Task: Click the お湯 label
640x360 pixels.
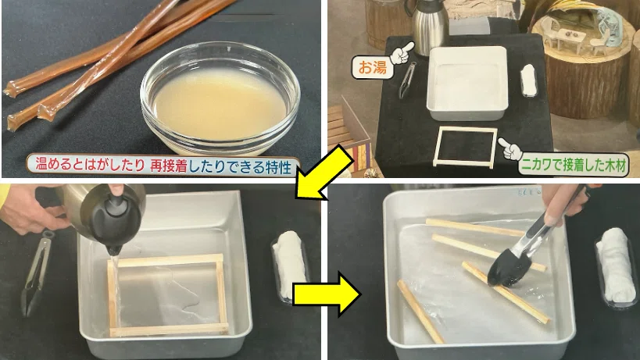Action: coord(372,67)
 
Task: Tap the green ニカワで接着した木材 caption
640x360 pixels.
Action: coord(574,166)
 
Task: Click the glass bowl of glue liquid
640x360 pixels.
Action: coord(220,98)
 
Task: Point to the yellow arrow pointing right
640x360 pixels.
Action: coord(327,294)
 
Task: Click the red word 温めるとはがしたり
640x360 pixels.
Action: coord(90,164)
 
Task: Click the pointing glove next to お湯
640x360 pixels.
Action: coord(402,53)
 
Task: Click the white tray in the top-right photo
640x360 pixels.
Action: coord(468,84)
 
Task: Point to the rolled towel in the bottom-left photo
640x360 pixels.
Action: coord(290,265)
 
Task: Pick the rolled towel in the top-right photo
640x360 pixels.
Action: coord(527,80)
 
